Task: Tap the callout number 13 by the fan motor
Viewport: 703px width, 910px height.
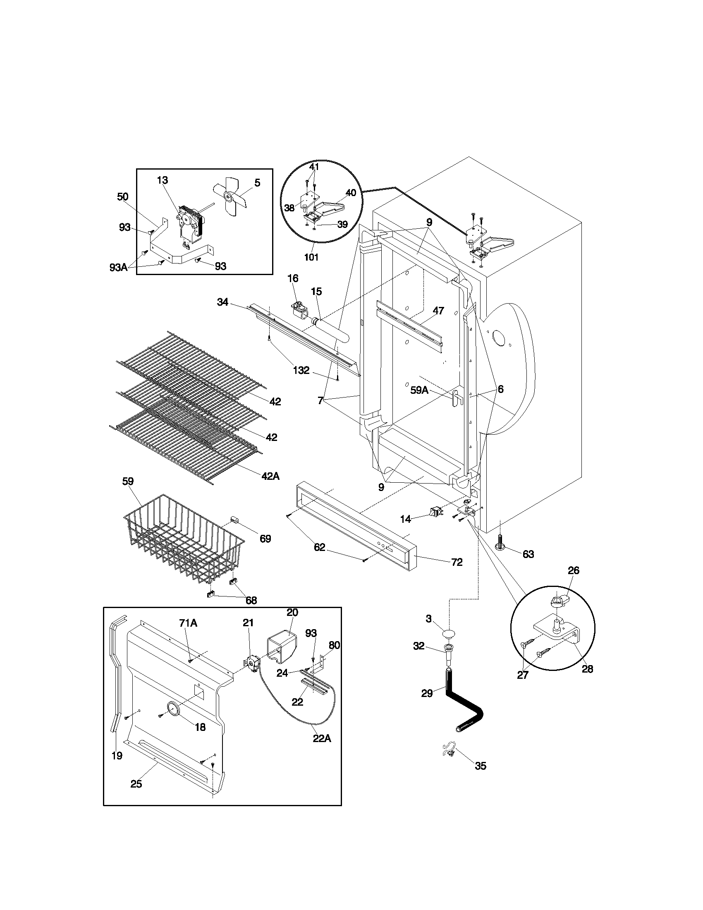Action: pyautogui.click(x=163, y=180)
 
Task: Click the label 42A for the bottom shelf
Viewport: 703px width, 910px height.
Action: pyautogui.click(x=270, y=476)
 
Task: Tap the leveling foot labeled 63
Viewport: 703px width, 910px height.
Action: pyautogui.click(x=500, y=544)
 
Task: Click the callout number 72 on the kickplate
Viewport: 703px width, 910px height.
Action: pyautogui.click(x=457, y=562)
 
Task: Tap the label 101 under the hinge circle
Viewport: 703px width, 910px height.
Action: pyautogui.click(x=311, y=257)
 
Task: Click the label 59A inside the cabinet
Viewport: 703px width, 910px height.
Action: pyautogui.click(x=419, y=390)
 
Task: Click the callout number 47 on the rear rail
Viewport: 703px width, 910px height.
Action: pyautogui.click(x=438, y=311)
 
